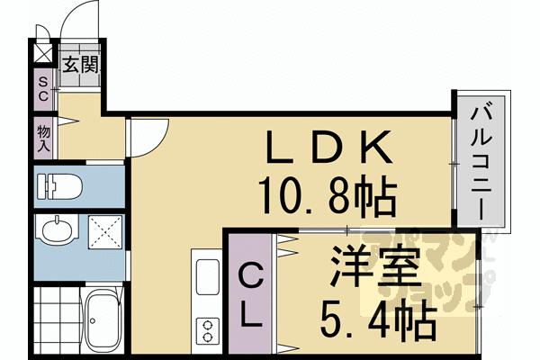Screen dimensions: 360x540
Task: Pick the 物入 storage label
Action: (x=43, y=138)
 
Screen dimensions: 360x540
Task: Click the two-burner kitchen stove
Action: (x=206, y=328)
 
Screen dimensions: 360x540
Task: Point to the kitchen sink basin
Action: (x=206, y=275)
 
